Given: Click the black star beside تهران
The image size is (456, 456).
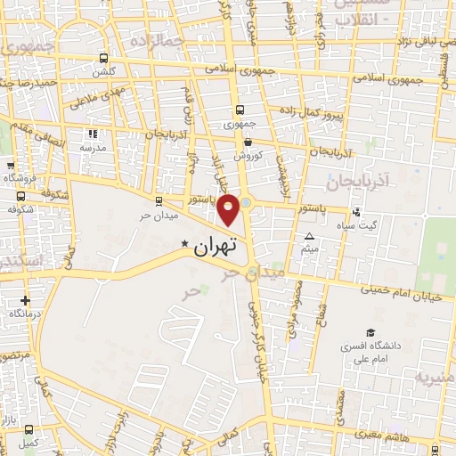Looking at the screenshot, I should (x=184, y=245).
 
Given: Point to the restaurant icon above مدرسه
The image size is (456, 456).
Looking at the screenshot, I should (x=93, y=134).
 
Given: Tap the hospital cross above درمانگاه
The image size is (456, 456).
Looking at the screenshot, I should (x=25, y=301).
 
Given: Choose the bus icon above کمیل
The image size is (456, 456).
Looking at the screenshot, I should (x=30, y=428).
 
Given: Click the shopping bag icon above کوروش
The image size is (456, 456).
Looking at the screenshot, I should (x=248, y=142).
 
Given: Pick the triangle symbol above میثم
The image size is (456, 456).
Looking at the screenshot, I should (x=309, y=236).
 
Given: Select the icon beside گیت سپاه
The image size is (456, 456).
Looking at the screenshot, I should (x=356, y=212).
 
